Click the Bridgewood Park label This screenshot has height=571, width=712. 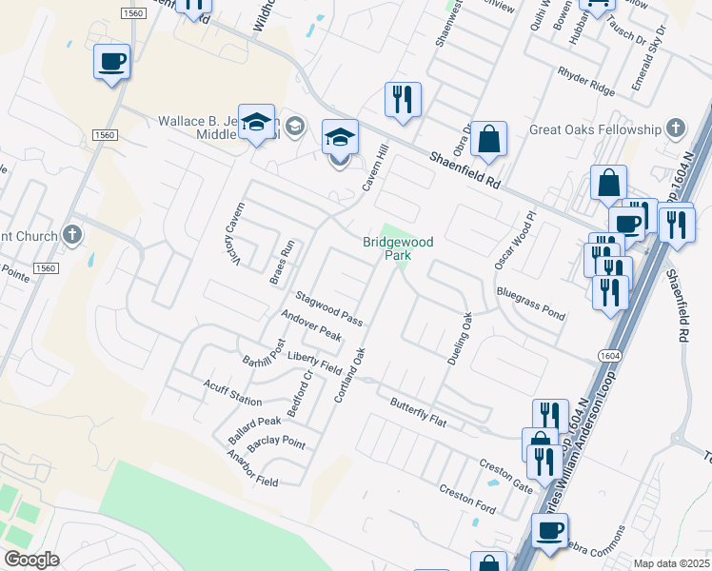(397, 248)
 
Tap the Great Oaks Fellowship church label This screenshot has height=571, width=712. (596, 128)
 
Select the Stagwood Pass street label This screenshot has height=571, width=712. (329, 308)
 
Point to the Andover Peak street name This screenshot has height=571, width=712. (311, 325)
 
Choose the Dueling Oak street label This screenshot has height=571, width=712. (460, 338)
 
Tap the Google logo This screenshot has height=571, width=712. (31, 560)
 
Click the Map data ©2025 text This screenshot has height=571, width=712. (671, 563)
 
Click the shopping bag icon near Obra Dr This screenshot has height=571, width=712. (488, 139)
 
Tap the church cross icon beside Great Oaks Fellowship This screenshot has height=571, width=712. (675, 128)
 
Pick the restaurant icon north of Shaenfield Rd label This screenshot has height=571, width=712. (403, 99)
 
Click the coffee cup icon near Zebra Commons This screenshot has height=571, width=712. (548, 530)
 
